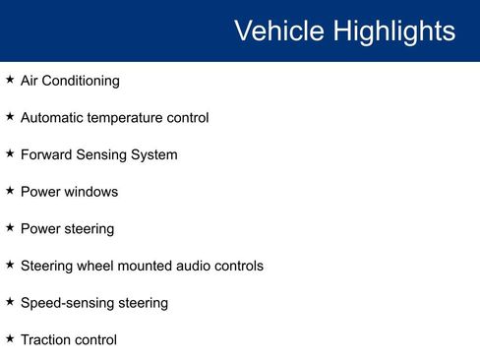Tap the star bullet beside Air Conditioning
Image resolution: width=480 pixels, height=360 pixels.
[x=10, y=80]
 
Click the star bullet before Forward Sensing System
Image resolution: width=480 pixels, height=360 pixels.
[x=10, y=153]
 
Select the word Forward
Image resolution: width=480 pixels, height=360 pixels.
[x=47, y=154]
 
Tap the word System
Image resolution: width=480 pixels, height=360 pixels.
[x=152, y=154]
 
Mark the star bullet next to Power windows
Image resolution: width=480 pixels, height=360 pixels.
[x=10, y=191]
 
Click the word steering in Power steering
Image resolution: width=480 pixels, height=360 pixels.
[x=89, y=229]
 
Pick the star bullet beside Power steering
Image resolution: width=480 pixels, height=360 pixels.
[x=10, y=227]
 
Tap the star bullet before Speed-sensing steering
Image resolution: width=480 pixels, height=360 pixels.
[x=10, y=302]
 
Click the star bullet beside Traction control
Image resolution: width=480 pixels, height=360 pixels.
[x=10, y=338]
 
